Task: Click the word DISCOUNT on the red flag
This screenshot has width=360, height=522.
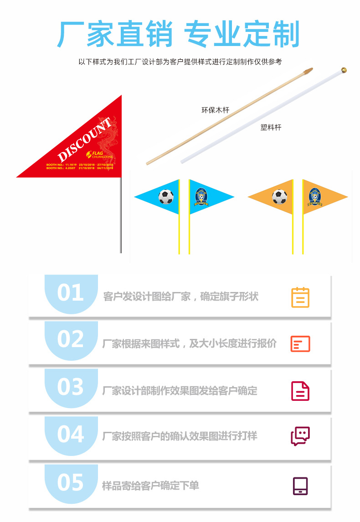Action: click(x=84, y=139)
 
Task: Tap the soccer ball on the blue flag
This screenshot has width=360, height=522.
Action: click(x=166, y=197)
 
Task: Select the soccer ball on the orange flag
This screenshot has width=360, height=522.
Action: click(x=279, y=197)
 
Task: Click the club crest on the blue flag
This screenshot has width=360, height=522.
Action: click(x=202, y=197)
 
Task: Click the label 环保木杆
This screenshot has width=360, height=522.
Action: click(x=215, y=110)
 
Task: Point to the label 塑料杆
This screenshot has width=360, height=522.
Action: click(x=271, y=128)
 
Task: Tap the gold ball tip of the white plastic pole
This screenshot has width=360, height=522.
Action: click(x=344, y=71)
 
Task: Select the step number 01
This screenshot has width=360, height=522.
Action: click(x=71, y=292)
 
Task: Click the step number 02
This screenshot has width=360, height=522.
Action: click(x=71, y=339)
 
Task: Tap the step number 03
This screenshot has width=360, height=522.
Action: click(x=71, y=387)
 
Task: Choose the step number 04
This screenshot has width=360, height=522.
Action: click(x=71, y=434)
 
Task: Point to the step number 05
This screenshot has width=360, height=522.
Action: click(x=71, y=482)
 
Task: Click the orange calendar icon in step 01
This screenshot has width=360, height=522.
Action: click(x=300, y=297)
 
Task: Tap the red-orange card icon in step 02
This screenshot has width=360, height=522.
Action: click(x=300, y=344)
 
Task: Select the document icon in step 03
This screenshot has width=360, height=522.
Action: click(x=300, y=391)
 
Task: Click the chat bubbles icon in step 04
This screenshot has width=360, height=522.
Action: click(x=300, y=436)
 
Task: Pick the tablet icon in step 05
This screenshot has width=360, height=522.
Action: click(x=300, y=486)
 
